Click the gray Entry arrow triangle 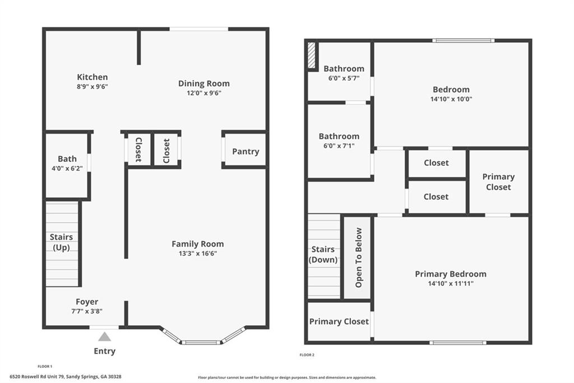(104, 336)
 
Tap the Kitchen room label (92, 77)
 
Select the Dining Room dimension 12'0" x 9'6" (204, 93)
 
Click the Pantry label (246, 151)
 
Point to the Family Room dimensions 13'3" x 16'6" (198, 253)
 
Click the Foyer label (87, 302)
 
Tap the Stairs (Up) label (62, 242)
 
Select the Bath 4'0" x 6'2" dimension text (67, 168)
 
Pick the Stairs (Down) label (323, 254)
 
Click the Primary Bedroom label (451, 274)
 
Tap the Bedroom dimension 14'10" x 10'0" (451, 99)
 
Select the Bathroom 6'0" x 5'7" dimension (344, 78)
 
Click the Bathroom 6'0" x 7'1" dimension (339, 145)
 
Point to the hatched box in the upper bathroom (312, 56)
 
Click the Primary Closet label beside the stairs (339, 321)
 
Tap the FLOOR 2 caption (307, 355)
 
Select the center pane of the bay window (200, 342)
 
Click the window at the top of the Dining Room (199, 29)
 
